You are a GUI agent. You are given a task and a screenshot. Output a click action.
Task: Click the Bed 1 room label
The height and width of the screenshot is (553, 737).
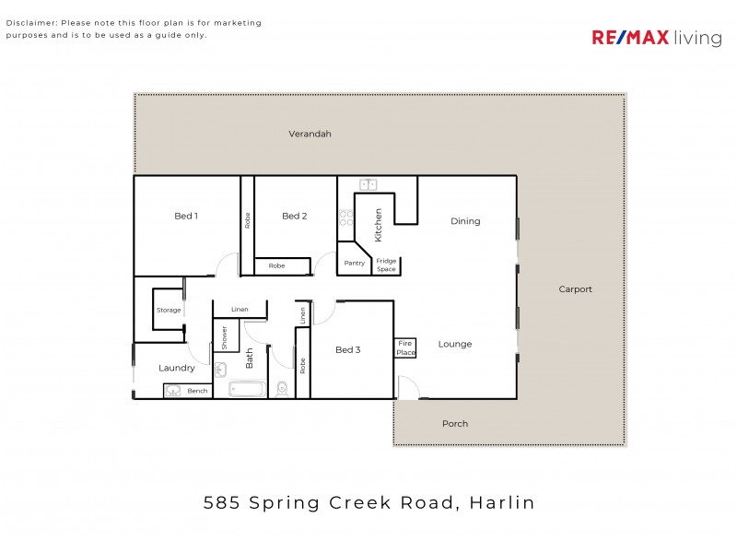(x=186, y=216)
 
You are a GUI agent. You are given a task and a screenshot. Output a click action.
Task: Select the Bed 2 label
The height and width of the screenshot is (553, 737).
(x=294, y=216)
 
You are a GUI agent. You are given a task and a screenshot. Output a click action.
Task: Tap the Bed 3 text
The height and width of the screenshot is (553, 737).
(x=347, y=349)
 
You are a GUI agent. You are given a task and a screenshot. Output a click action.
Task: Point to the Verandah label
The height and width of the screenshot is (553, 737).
(x=310, y=134)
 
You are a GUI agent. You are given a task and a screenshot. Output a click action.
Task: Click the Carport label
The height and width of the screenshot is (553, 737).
(x=575, y=289)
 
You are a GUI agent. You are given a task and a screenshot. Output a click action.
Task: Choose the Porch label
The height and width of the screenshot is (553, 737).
(x=455, y=424)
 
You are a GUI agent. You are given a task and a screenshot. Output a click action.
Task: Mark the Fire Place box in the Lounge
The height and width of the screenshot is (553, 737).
(x=405, y=348)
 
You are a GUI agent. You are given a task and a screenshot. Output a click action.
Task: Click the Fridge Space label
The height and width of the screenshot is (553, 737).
(x=386, y=265)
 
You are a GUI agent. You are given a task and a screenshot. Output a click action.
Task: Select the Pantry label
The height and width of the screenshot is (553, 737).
(x=354, y=263)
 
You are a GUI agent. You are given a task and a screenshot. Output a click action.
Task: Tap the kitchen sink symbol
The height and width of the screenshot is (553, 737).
(x=369, y=184)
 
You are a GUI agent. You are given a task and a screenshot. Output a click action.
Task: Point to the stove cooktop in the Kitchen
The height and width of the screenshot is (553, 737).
(x=345, y=219)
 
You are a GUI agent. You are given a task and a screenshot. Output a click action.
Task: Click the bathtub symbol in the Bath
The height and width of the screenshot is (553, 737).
(x=247, y=389)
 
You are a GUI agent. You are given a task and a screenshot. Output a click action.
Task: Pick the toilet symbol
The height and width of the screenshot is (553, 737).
(x=283, y=389)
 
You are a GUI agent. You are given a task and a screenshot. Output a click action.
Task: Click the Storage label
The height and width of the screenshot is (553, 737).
(x=169, y=311)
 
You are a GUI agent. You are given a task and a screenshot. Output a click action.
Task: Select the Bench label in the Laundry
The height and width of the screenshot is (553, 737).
(x=197, y=391)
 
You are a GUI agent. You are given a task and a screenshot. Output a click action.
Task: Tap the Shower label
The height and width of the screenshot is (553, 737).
(x=224, y=337)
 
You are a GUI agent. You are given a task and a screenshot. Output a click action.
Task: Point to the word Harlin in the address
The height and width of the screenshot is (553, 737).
(x=502, y=503)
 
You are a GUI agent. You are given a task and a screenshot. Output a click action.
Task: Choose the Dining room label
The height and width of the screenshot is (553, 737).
(x=465, y=221)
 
